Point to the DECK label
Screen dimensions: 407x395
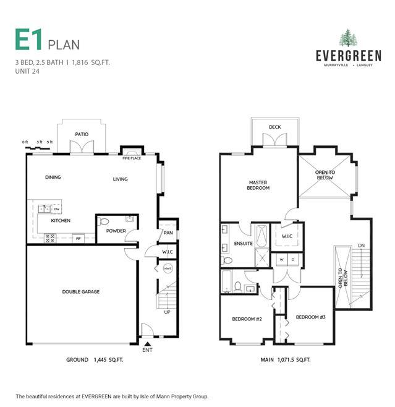274,127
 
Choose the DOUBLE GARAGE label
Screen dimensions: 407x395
80,292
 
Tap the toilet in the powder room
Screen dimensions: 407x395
104,221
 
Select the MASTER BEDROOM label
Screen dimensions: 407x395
259,185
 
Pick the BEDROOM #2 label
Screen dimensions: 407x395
247,319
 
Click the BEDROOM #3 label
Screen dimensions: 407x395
310,317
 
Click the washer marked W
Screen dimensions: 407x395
281,258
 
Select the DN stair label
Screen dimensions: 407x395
361,246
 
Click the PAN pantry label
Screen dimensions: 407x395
168,233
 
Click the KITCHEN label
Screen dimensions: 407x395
61,221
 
